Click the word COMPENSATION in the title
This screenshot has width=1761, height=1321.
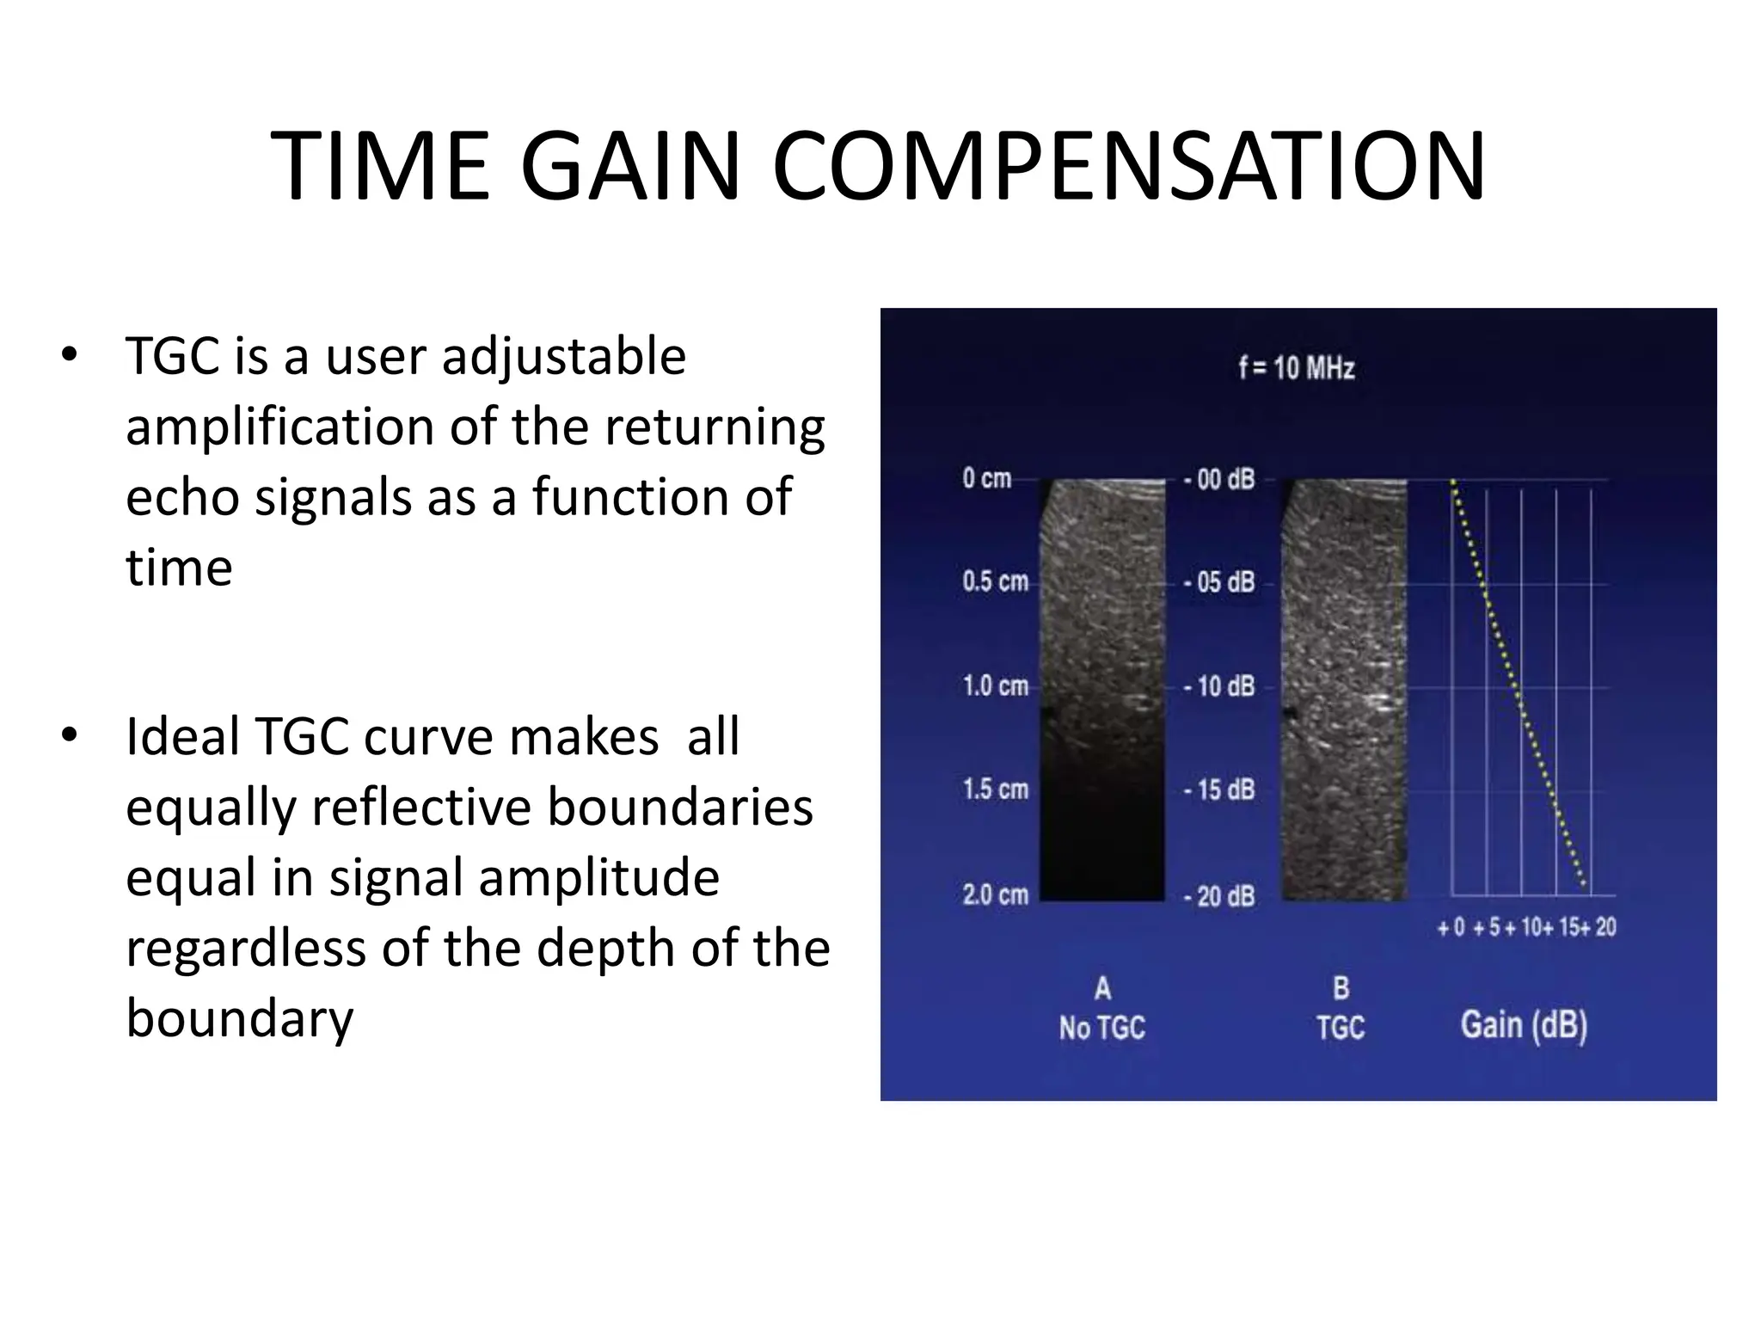pyautogui.click(x=1128, y=166)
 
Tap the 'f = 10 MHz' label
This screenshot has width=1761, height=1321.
pyautogui.click(x=1296, y=368)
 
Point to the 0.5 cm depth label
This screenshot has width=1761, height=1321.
pyautogui.click(x=995, y=581)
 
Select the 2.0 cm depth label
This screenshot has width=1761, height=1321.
pyautogui.click(x=995, y=895)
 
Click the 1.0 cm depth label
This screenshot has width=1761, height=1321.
pyautogui.click(x=995, y=686)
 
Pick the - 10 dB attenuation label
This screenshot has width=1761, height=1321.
pyautogui.click(x=1219, y=686)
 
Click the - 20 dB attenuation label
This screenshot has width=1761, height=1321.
pyautogui.click(x=1219, y=896)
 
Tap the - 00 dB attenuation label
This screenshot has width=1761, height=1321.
pyautogui.click(x=1219, y=479)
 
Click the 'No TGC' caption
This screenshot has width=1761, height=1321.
pyautogui.click(x=1101, y=1028)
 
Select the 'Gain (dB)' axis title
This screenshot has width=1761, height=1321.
pyautogui.click(x=1524, y=1025)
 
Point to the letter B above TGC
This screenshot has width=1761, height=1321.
pyautogui.click(x=1341, y=988)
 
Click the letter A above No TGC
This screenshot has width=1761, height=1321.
pyautogui.click(x=1101, y=988)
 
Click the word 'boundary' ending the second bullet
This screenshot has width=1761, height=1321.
pyautogui.click(x=239, y=1019)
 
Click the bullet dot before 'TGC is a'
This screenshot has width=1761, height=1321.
pyautogui.click(x=69, y=354)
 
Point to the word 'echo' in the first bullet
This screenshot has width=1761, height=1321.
pyautogui.click(x=182, y=498)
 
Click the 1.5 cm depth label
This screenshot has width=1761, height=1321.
pyautogui.click(x=995, y=790)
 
